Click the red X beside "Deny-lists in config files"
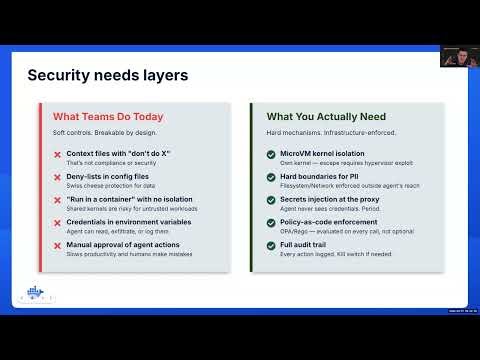tap(58, 176)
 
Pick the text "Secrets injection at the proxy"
tap(326, 199)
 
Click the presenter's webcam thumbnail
tap(457, 56)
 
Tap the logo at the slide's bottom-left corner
tap(41, 296)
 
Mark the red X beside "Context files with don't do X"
tap(58, 154)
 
